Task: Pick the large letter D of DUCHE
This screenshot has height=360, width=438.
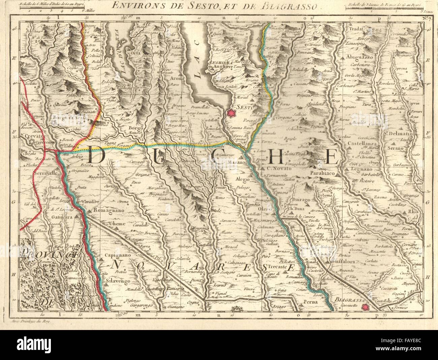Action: tap(98, 155)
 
